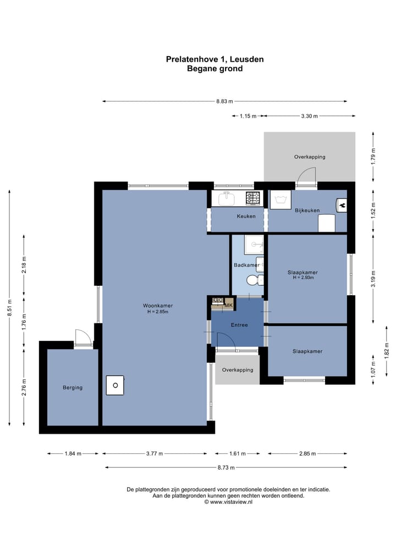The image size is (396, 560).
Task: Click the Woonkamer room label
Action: [158, 306]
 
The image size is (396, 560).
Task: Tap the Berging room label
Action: [73, 388]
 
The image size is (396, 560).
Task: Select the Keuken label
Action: [246, 216]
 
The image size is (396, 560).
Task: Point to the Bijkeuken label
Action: [307, 210]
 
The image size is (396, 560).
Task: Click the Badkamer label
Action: [246, 265]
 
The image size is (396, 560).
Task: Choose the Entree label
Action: [239, 325]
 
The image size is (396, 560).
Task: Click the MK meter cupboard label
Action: [229, 306]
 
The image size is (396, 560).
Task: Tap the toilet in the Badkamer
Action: [255, 280]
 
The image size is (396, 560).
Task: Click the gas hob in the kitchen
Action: [254, 198]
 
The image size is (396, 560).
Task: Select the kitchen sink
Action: [226, 198]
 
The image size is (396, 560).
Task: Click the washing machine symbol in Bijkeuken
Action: [280, 200]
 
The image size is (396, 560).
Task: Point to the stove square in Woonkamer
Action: [116, 385]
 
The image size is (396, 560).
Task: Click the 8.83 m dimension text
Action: [224, 101]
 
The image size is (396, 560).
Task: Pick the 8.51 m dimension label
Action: [10, 307]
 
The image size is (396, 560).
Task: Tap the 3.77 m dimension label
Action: [155, 454]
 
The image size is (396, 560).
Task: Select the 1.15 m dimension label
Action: [248, 116]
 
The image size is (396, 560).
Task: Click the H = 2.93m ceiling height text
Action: [303, 278]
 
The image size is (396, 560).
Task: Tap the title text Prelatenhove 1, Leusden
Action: [215, 59]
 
